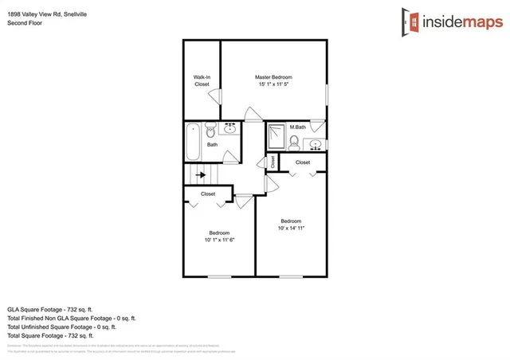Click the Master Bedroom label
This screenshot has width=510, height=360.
click(274, 76)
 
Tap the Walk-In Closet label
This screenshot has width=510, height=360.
click(202, 80)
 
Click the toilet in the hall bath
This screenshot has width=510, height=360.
click(211, 129)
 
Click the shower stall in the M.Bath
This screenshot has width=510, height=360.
click(275, 136)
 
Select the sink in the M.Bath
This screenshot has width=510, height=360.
click(316, 144)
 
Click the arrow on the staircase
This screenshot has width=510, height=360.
click(201, 174)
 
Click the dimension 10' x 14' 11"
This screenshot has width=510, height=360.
click(291, 229)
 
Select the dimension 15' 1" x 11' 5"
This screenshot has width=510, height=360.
click(274, 84)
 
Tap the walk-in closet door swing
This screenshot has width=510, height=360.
click(214, 94)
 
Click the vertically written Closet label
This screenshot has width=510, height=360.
click(273, 162)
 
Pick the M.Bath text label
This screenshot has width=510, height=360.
click(298, 127)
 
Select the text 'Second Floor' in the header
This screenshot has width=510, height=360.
click(25, 23)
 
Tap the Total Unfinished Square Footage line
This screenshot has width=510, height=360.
click(61, 327)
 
